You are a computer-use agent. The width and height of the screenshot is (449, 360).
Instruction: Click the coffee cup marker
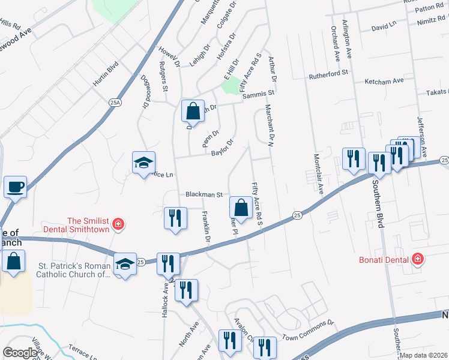(x=15, y=187)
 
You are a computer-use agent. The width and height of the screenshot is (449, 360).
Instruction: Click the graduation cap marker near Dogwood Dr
(x=143, y=163)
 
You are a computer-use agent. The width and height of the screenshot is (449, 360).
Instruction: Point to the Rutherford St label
(x=328, y=74)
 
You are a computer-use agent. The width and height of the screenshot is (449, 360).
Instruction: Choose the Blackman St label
(x=204, y=194)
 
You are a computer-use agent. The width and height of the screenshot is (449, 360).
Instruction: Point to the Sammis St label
(x=261, y=93)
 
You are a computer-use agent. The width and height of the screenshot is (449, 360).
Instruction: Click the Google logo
(x=19, y=352)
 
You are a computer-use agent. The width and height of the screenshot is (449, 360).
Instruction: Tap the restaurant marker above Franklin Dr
(x=173, y=217)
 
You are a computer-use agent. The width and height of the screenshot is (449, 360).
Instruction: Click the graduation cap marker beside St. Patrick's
(x=125, y=265)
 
